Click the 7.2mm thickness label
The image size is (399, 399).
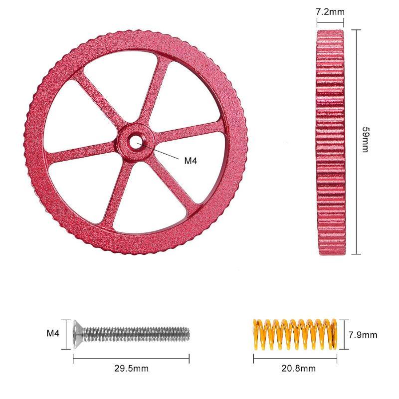[330, 11]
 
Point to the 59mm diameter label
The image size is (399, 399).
[365, 140]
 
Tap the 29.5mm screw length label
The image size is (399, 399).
[131, 368]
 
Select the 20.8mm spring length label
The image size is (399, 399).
[298, 368]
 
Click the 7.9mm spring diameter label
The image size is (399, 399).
[363, 335]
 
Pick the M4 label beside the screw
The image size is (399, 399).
[53, 333]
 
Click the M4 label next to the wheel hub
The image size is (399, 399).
[191, 161]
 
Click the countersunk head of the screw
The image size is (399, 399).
[78, 334]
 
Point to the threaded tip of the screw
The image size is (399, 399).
[187, 334]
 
